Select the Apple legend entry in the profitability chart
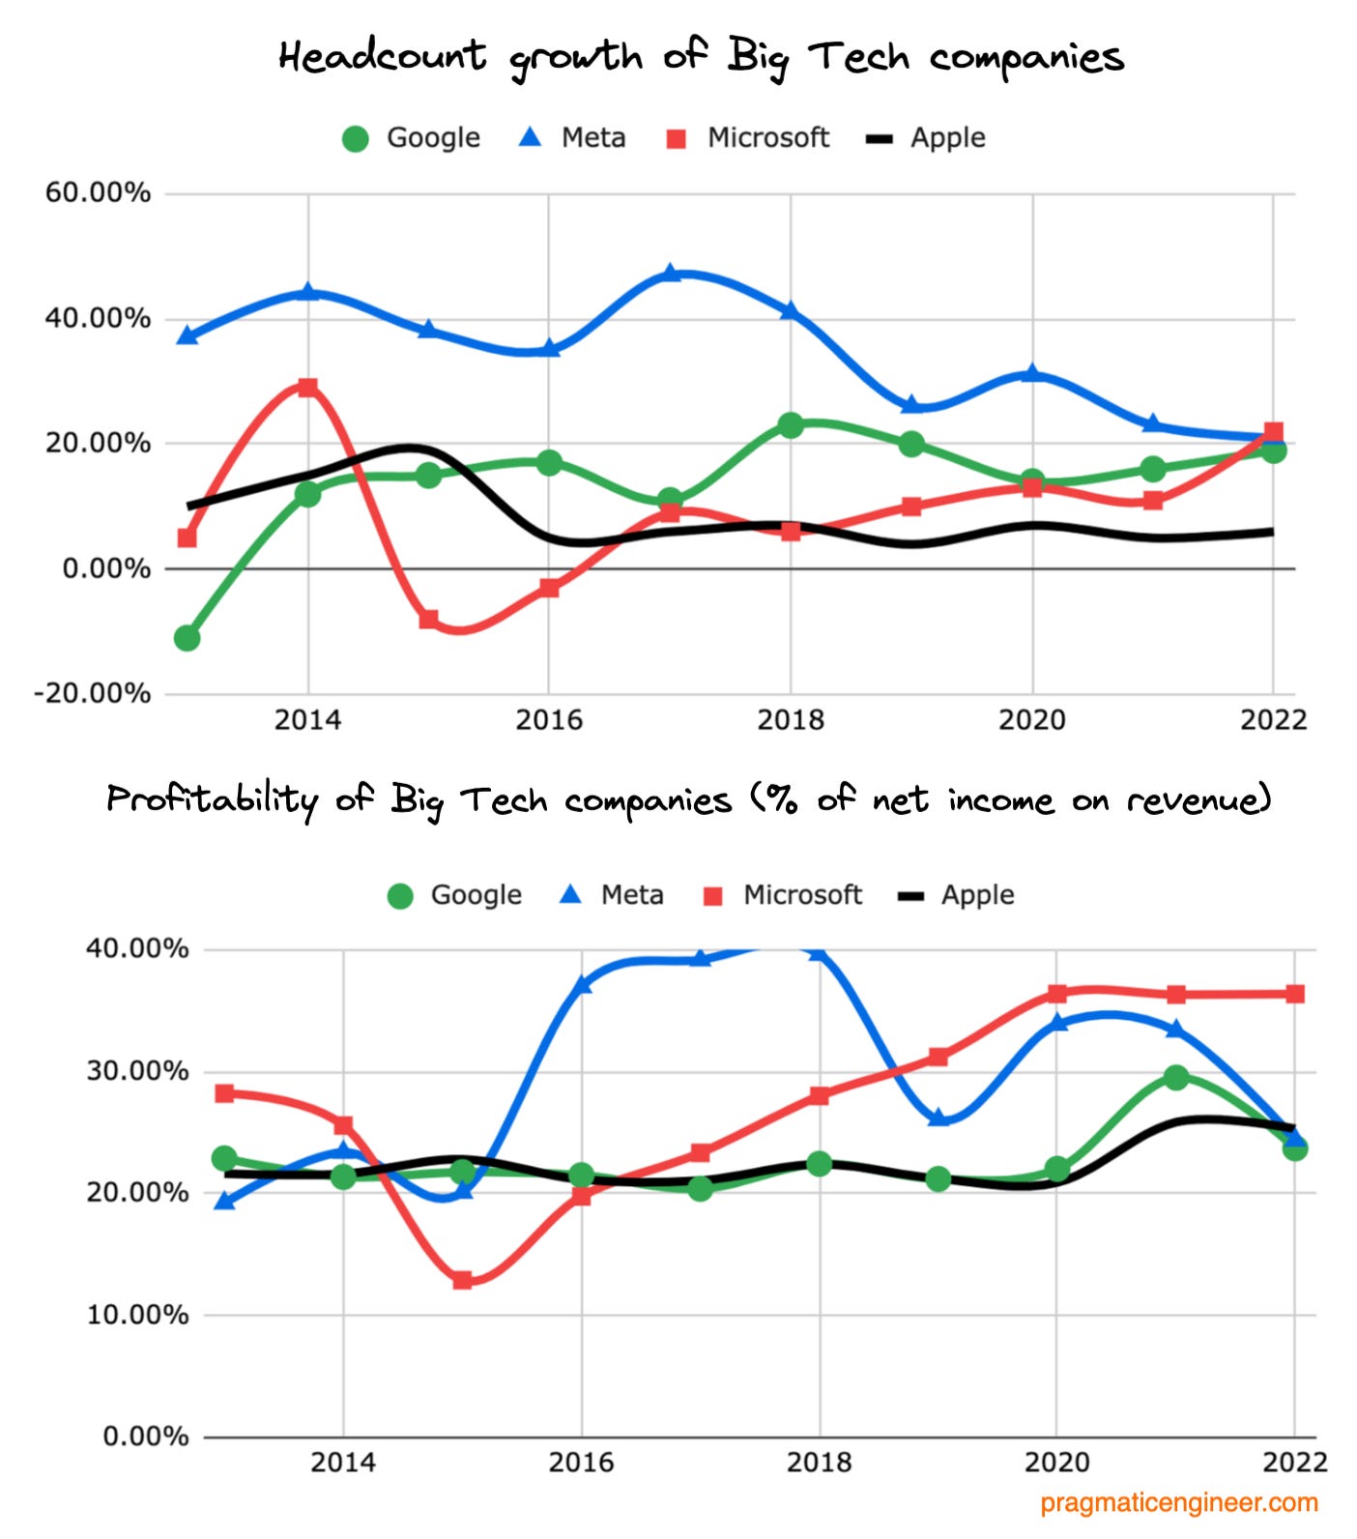point(958,894)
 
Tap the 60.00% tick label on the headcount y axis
point(98,192)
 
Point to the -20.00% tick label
point(93,693)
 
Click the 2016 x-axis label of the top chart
point(548,720)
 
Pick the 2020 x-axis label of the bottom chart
point(1056,1462)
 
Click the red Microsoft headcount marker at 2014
point(307,388)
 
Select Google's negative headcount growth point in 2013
point(188,638)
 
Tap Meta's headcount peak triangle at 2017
point(671,274)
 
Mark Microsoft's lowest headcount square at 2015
point(429,619)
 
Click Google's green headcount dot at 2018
point(791,424)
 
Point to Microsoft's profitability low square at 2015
point(462,1280)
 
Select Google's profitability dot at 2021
point(1175,1077)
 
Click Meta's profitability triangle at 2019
point(938,1118)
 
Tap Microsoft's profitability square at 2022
point(1294,994)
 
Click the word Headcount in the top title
point(383,56)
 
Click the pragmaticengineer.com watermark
point(1178,1503)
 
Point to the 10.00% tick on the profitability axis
point(137,1315)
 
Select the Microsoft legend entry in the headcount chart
point(749,137)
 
